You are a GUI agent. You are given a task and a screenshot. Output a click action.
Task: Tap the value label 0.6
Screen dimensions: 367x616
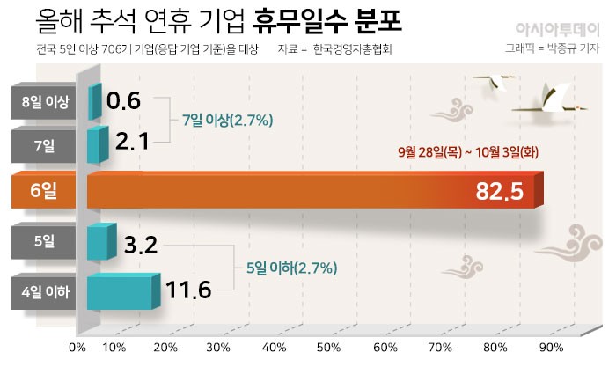[123, 101]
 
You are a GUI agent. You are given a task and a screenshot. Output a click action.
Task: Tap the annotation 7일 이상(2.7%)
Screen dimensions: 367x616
[227, 119]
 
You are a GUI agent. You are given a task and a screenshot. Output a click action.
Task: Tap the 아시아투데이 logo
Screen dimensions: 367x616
[556, 25]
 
